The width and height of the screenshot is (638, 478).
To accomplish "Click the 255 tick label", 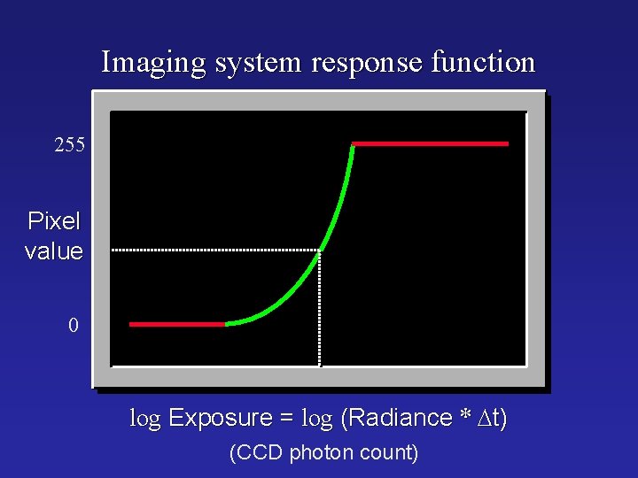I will point(69,145).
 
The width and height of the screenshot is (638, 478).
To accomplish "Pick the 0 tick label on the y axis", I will point(74,326).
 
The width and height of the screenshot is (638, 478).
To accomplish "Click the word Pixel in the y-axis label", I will point(54,221).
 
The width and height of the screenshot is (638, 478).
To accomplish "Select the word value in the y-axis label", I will point(54,251).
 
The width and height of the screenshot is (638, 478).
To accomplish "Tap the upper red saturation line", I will point(431,143).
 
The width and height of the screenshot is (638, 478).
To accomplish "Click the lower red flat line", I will point(177,324).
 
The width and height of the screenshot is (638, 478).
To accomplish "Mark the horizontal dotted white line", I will point(213,251).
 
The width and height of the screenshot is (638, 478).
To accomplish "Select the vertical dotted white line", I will point(320,310).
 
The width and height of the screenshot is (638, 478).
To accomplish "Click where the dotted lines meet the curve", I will point(319,251).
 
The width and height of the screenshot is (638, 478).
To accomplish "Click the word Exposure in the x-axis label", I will point(221,418).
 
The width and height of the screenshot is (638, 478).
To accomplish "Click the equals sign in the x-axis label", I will point(288,419).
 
